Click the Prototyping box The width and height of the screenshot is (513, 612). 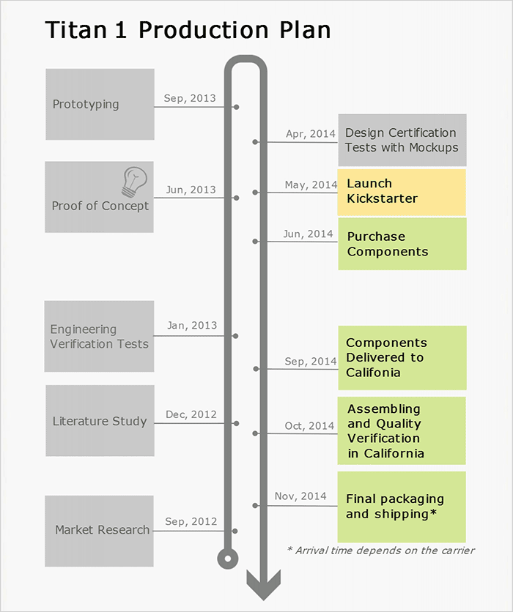click(x=100, y=104)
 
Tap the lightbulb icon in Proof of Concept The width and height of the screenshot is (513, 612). click(x=134, y=181)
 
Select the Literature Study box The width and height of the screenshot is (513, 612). click(x=100, y=421)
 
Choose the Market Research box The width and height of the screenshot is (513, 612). click(x=100, y=530)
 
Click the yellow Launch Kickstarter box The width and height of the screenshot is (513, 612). click(x=402, y=192)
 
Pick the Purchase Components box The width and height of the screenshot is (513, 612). click(x=402, y=244)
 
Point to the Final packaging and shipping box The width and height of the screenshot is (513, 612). click(x=402, y=507)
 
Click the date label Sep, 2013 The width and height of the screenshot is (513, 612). click(x=190, y=97)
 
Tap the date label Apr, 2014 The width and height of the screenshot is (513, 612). click(x=310, y=134)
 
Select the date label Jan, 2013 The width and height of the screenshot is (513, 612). click(x=191, y=326)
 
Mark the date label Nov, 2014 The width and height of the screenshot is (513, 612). click(x=300, y=496)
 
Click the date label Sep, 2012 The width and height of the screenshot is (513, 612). click(x=191, y=521)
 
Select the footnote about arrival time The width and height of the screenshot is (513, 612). click(x=380, y=551)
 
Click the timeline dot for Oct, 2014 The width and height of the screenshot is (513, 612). click(x=255, y=434)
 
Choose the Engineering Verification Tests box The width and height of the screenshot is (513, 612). click(x=100, y=337)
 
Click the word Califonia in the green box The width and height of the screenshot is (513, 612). click(x=374, y=373)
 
